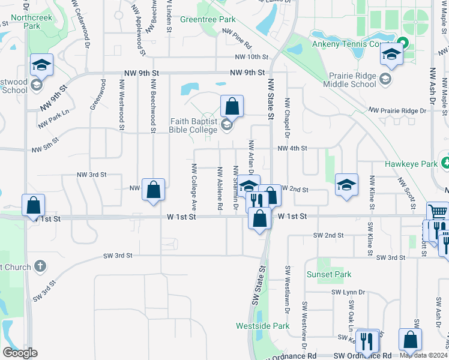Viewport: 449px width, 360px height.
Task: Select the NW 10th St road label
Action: (x=251, y=56)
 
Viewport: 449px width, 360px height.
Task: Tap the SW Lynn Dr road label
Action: (x=348, y=292)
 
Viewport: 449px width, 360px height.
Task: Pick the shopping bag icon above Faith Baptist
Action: (x=232, y=106)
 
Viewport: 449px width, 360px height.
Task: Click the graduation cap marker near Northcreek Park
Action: (x=42, y=65)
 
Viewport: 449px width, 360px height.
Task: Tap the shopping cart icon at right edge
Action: (x=438, y=212)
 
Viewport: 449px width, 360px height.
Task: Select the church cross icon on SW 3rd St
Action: (x=40, y=265)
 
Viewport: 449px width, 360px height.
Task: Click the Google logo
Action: (x=20, y=353)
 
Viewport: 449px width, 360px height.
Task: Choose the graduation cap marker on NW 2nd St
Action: (x=346, y=185)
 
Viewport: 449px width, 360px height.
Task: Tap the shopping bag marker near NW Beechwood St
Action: (x=154, y=190)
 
